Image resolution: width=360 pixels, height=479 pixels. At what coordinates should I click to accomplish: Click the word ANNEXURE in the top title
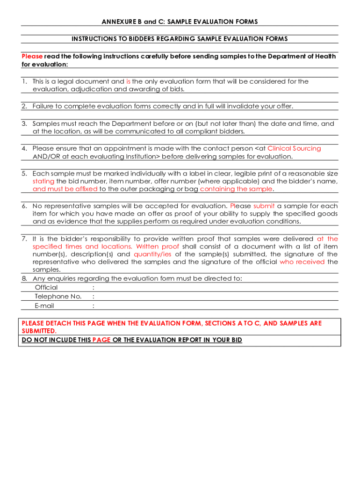pyautogui.click(x=117, y=22)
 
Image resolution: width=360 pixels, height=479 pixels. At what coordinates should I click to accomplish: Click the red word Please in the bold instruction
pyautogui.click(x=32, y=56)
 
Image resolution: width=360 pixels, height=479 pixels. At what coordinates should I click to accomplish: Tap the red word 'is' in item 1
pyautogui.click(x=128, y=81)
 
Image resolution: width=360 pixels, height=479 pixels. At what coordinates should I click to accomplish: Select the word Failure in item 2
pyautogui.click(x=43, y=106)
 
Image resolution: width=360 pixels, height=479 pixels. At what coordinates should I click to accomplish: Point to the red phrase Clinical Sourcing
pyautogui.click(x=294, y=149)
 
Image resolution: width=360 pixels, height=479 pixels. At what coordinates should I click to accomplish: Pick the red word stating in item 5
pyautogui.click(x=43, y=181)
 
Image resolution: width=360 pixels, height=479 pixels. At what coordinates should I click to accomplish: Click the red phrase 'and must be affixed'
pyautogui.click(x=65, y=189)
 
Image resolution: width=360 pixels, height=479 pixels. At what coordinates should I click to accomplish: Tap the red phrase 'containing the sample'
pyautogui.click(x=236, y=189)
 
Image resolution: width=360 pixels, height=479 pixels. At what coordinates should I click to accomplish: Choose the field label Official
pyautogui.click(x=46, y=288)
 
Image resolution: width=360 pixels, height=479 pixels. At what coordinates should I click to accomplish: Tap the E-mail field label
pyautogui.click(x=44, y=306)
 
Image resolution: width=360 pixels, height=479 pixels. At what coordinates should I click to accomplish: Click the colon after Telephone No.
pyautogui.click(x=94, y=297)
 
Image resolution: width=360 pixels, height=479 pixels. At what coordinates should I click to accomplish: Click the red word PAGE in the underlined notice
pyautogui.click(x=101, y=340)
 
